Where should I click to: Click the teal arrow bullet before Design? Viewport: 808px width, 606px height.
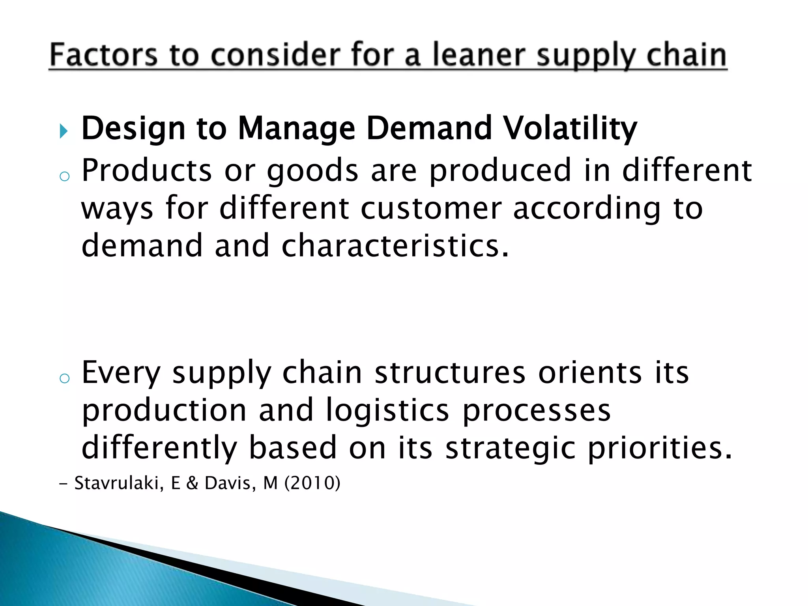(64, 131)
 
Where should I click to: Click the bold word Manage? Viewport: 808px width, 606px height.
(297, 129)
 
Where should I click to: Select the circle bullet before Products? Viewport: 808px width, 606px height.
(64, 176)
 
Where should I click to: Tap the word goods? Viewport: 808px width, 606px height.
(312, 170)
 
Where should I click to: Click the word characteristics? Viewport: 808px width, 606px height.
(395, 245)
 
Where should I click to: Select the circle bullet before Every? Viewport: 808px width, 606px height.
(64, 378)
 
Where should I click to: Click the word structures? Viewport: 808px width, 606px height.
(450, 373)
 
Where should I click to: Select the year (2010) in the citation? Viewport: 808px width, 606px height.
(312, 483)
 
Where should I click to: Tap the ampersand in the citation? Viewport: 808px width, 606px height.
(192, 483)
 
